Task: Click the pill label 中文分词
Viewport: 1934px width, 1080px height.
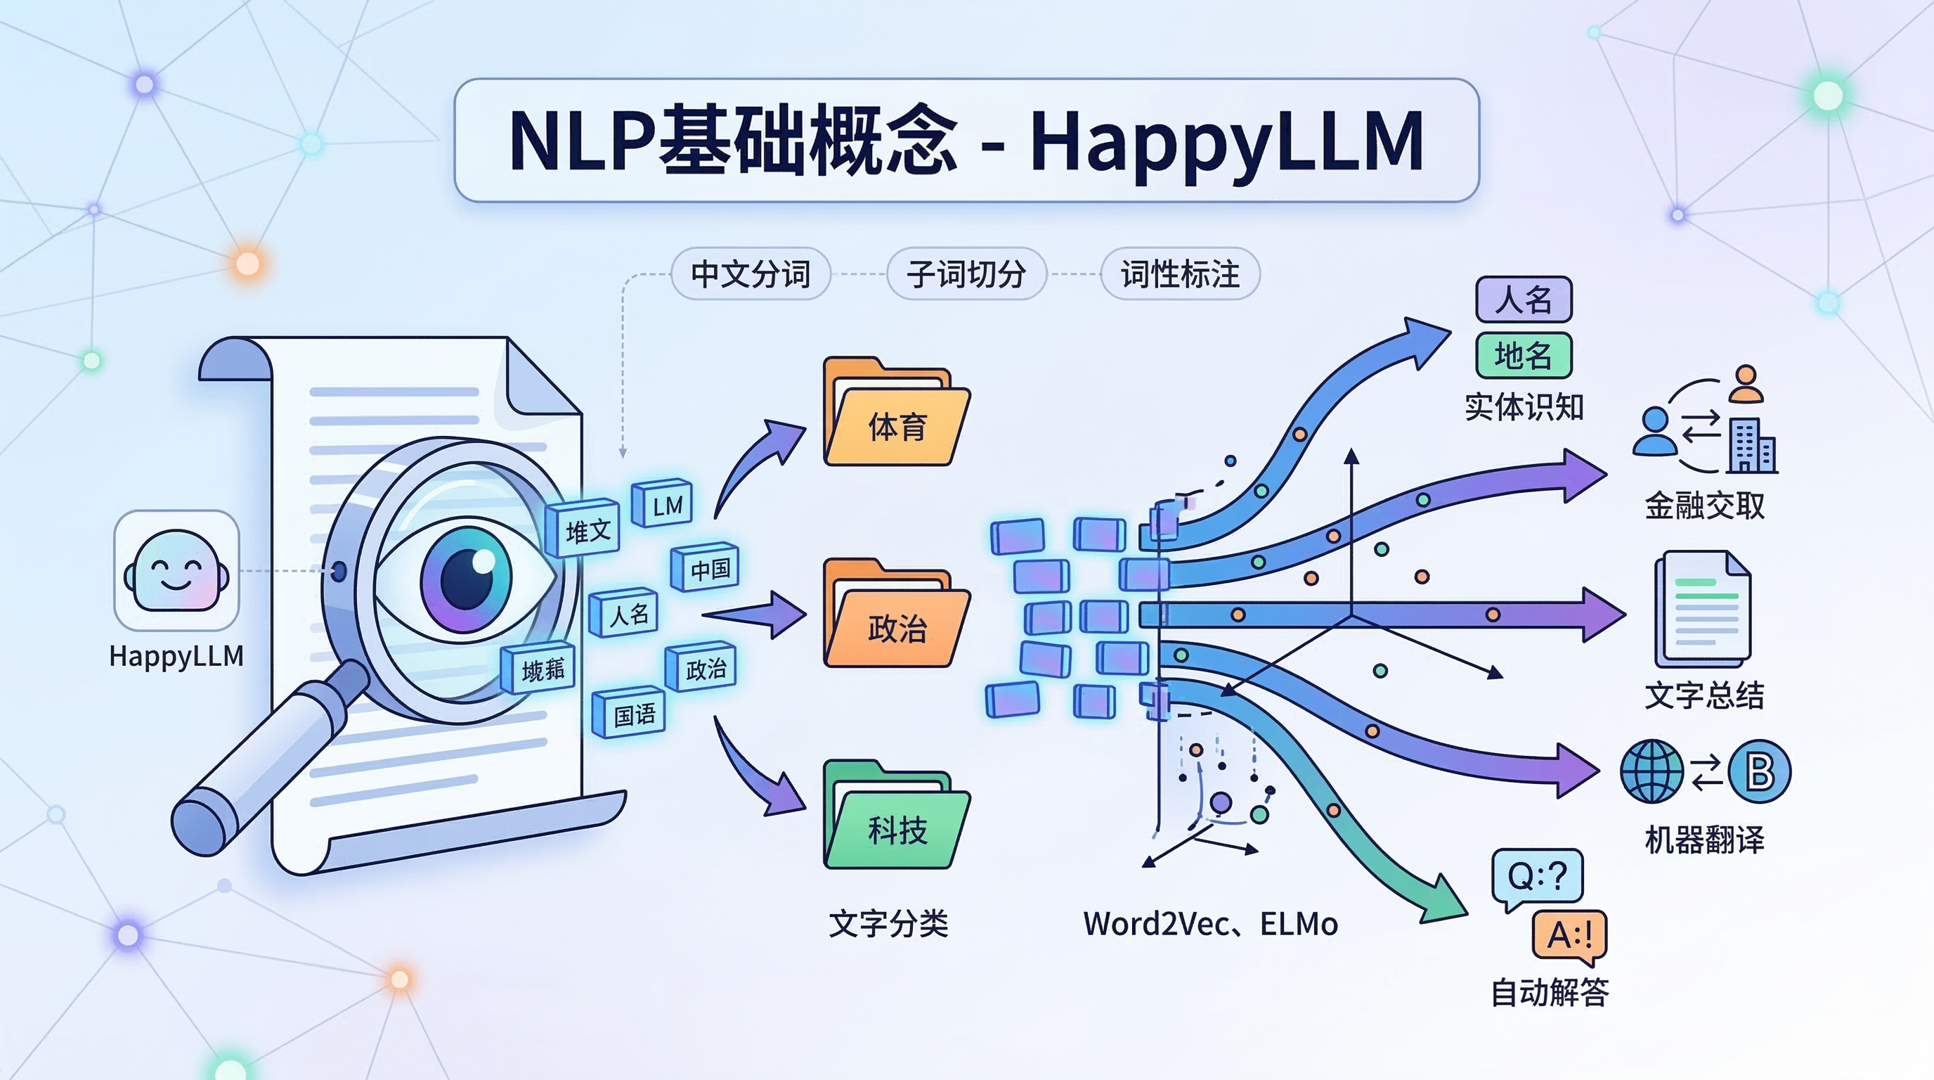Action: click(750, 274)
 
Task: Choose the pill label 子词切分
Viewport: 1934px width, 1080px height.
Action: click(966, 274)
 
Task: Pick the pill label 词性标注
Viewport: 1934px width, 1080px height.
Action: click(1179, 274)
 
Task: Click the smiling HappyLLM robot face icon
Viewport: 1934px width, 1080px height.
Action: click(176, 571)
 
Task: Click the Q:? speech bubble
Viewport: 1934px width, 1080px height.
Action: click(1537, 875)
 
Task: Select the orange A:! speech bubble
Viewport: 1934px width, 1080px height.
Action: click(1569, 935)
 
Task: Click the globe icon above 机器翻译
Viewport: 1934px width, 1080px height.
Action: click(1651, 771)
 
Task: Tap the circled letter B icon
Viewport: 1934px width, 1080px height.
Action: click(1759, 771)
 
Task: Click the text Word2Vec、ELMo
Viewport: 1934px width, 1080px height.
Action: click(1209, 924)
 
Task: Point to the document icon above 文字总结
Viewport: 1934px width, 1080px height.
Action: click(1703, 608)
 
